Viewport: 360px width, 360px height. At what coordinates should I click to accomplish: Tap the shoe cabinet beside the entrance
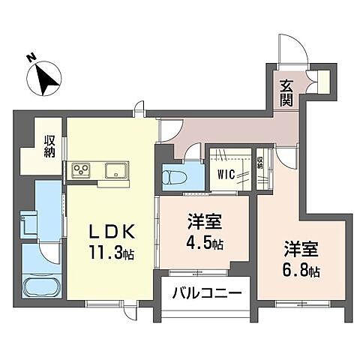point(324,80)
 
